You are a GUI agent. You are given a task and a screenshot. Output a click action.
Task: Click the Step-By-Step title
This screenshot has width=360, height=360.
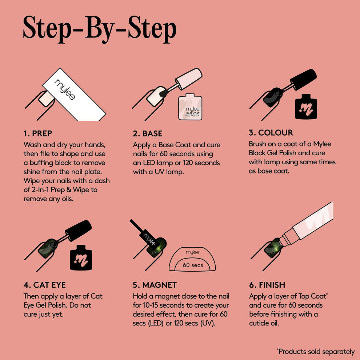(x=100, y=29)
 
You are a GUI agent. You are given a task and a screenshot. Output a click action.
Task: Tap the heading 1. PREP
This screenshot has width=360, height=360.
(x=38, y=133)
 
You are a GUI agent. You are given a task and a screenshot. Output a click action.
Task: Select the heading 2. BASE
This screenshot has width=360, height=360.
(x=148, y=133)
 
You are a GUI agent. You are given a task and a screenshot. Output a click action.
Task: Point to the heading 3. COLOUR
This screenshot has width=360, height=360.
(x=271, y=132)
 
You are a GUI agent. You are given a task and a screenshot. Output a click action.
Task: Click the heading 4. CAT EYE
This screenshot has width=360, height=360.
(x=44, y=285)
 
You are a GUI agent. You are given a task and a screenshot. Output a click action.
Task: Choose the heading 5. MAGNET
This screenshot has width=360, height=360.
(x=155, y=285)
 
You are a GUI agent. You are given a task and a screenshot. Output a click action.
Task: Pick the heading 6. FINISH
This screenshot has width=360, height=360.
(x=267, y=285)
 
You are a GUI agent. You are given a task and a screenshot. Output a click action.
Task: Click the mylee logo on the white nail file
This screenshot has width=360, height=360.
(x=65, y=89)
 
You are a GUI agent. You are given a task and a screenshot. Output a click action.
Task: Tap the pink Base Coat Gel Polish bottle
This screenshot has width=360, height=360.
(x=190, y=107)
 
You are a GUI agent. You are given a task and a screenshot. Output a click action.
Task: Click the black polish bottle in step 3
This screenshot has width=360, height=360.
(x=306, y=107)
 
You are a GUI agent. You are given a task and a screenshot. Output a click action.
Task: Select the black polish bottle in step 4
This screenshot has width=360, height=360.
(x=81, y=257)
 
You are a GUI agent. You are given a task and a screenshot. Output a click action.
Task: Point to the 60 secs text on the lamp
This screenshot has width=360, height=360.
(x=193, y=265)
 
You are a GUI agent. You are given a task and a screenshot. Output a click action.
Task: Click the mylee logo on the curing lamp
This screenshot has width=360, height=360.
(x=192, y=253)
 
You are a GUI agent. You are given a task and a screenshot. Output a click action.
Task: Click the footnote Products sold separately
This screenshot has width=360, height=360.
(x=316, y=352)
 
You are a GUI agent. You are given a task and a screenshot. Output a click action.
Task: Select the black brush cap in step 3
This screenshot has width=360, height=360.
(x=303, y=79)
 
